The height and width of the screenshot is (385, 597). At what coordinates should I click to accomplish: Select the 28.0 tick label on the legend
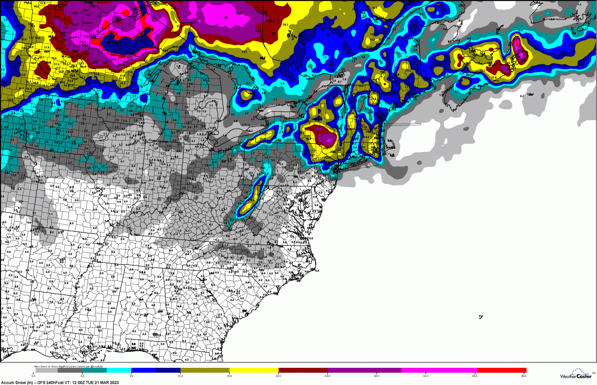377,376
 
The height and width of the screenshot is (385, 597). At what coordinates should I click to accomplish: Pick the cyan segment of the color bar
119,370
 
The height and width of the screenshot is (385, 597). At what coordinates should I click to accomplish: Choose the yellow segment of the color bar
254,370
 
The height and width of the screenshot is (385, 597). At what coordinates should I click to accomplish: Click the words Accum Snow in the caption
12,382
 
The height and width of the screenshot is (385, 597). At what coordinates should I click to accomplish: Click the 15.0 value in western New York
262,139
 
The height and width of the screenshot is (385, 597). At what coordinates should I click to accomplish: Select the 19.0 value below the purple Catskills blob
325,149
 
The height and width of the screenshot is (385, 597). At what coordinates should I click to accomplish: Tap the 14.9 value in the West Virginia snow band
252,200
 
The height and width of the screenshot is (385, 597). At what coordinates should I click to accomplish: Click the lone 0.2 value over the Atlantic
522,96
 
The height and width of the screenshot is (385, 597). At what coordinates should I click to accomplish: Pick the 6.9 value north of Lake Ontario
282,84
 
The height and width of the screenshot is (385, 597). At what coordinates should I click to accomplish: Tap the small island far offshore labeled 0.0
481,317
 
